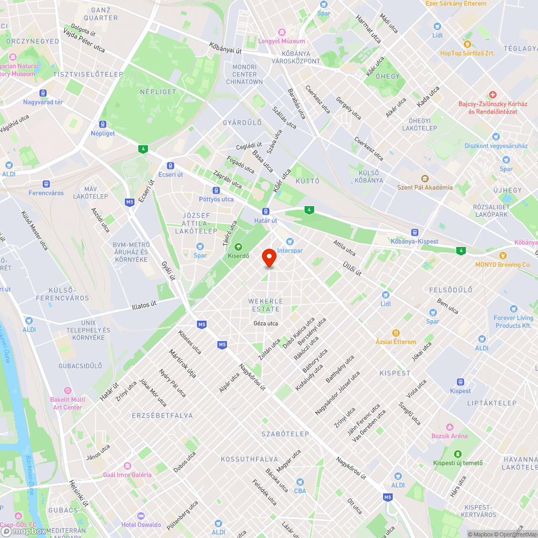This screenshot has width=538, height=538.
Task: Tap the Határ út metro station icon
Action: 266,211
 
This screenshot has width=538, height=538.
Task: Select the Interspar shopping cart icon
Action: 291,242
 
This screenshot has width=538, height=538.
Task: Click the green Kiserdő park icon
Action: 238,246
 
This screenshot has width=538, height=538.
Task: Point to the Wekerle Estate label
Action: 264,305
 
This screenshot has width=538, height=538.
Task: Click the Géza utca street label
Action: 265,323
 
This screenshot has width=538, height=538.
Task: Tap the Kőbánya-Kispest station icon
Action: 414,232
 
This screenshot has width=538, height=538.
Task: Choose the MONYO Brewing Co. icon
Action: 503,256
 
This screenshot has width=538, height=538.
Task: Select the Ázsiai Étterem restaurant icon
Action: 396,333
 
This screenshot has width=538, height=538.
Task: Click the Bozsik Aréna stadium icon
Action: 449,427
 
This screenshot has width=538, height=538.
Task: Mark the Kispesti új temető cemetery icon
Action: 458,454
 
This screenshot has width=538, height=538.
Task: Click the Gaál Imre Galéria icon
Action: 128,466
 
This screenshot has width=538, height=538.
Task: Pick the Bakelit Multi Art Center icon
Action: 67,391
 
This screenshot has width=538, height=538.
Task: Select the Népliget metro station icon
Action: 102,124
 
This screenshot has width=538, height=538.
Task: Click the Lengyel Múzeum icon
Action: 280,32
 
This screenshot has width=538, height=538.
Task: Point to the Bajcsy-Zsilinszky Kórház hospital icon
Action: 492,95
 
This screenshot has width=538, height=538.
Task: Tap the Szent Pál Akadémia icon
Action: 424,179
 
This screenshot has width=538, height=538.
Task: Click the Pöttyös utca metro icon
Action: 216,190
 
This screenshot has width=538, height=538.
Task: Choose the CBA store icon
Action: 300,482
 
